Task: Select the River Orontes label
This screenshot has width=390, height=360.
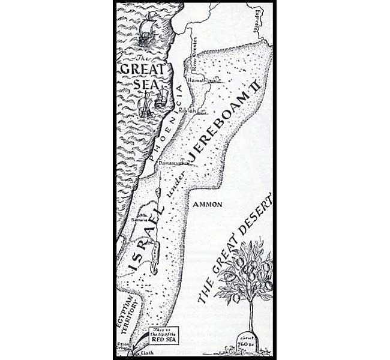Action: pyautogui.click(x=194, y=50)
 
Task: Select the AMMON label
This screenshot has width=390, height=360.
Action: pyautogui.click(x=209, y=205)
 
